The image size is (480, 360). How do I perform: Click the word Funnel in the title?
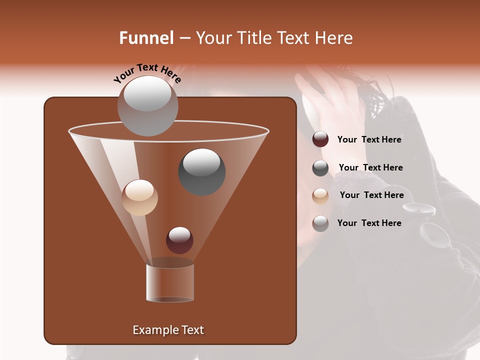coord(146,38)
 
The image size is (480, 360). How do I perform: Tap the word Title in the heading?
coord(254,38)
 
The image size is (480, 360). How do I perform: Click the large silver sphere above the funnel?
coord(147,105)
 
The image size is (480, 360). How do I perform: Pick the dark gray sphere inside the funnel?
coord(202,171)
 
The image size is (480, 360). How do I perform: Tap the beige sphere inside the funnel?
coord(139,197)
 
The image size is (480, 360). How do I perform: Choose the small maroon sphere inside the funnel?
coord(179,240)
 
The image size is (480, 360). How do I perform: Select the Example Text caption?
coord(168,330)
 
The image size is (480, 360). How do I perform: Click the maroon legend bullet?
coord(320,139)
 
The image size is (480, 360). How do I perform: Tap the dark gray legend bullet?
coord(320,168)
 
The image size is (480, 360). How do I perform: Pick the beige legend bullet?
coord(320,196)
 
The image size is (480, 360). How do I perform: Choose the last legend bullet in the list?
coord(320,223)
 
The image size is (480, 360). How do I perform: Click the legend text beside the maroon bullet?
coord(369,140)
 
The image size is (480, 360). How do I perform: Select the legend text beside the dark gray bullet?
coord(370,168)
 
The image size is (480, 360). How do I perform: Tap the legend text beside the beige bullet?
coord(371,195)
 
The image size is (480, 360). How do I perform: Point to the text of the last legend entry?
coord(369,223)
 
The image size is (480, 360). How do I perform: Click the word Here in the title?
coord(334,38)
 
